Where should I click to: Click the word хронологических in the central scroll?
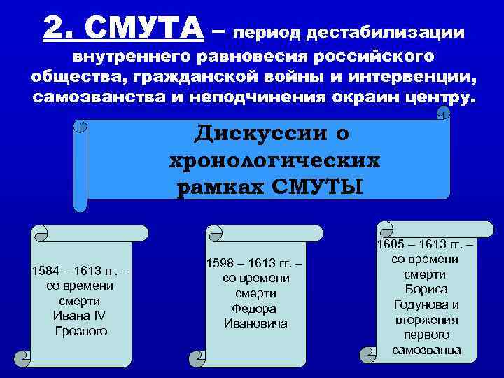274,160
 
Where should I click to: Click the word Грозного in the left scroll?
80,330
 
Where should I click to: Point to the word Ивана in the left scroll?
71,316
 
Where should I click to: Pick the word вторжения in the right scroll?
426,319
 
